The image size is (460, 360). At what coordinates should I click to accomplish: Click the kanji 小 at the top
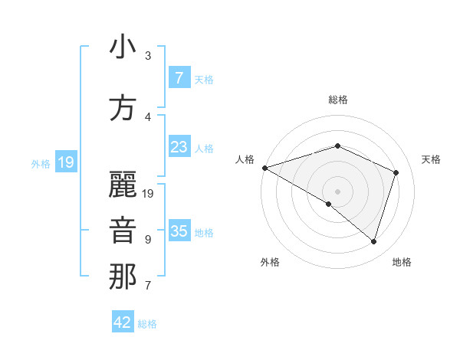pyautogui.click(x=123, y=47)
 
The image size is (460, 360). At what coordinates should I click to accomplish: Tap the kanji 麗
pyautogui.click(x=123, y=183)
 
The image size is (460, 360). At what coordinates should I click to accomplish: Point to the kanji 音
pyautogui.click(x=123, y=231)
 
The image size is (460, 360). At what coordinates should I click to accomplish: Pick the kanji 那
pyautogui.click(x=123, y=277)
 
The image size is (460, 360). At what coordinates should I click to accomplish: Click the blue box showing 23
pyautogui.click(x=179, y=147)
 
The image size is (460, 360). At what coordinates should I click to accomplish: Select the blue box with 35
pyautogui.click(x=179, y=231)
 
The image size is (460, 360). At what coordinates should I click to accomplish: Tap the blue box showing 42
pyautogui.click(x=123, y=322)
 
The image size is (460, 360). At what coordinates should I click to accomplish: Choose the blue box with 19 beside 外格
pyautogui.click(x=65, y=162)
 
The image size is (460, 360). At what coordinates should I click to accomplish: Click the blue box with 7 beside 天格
pyautogui.click(x=179, y=78)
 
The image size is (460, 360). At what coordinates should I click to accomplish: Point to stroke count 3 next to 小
pyautogui.click(x=148, y=55)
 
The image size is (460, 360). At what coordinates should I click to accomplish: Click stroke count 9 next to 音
pyautogui.click(x=148, y=240)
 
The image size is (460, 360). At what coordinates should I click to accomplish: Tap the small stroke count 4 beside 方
pyautogui.click(x=148, y=117)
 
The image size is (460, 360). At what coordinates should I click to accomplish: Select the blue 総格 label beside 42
pyautogui.click(x=147, y=324)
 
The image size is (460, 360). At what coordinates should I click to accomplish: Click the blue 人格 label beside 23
pyautogui.click(x=204, y=149)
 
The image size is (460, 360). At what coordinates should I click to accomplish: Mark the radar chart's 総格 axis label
pyautogui.click(x=337, y=100)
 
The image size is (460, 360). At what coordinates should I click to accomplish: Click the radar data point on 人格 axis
pyautogui.click(x=264, y=167)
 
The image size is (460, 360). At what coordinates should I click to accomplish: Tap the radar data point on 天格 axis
pyautogui.click(x=396, y=172)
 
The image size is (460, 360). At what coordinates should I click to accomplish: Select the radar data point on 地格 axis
pyautogui.click(x=373, y=241)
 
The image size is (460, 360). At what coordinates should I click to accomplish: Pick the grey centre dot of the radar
pyautogui.click(x=337, y=191)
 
